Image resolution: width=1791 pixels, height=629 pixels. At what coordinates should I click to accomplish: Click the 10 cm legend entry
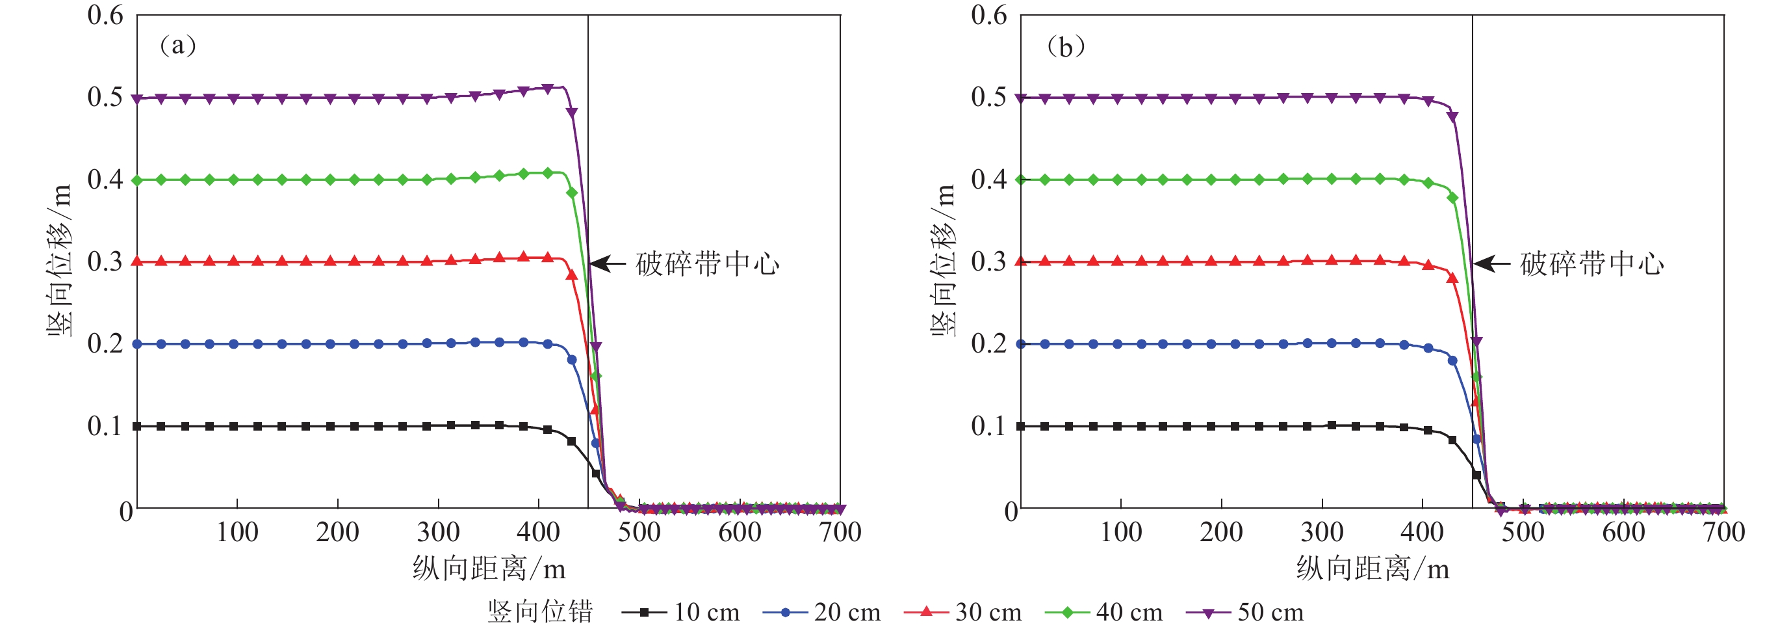pyautogui.click(x=681, y=612)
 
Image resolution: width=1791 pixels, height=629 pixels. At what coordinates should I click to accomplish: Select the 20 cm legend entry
pyautogui.click(x=822, y=612)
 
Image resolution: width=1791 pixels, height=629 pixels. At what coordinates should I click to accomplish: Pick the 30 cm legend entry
pyautogui.click(x=963, y=612)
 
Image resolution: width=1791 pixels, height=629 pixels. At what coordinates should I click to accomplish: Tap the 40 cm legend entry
pyautogui.click(x=1104, y=612)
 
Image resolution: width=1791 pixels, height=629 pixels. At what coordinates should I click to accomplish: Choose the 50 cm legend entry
pyautogui.click(x=1245, y=612)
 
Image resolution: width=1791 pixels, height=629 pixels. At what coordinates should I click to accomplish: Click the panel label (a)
pyautogui.click(x=178, y=46)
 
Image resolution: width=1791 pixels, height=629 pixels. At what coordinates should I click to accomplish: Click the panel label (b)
pyautogui.click(x=1065, y=47)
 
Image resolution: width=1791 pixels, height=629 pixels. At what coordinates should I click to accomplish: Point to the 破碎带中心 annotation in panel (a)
pyautogui.click(x=708, y=264)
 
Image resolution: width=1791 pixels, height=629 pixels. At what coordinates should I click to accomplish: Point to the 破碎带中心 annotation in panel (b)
pyautogui.click(x=1592, y=264)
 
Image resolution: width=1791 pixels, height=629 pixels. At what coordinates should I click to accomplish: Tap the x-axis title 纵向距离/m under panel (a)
pyautogui.click(x=489, y=569)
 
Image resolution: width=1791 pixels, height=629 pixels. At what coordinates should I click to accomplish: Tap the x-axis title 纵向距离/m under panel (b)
pyautogui.click(x=1372, y=569)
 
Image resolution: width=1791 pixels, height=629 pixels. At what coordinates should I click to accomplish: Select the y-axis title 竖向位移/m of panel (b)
pyautogui.click(x=944, y=261)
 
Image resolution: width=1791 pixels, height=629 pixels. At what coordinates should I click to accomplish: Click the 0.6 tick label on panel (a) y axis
pyautogui.click(x=105, y=16)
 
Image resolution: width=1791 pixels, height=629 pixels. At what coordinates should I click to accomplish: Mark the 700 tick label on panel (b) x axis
pyautogui.click(x=1723, y=532)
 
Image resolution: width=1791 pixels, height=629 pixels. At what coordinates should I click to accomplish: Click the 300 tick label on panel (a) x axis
pyautogui.click(x=438, y=532)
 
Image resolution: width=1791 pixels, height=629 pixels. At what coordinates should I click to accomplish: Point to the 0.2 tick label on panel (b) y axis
pyautogui.click(x=988, y=343)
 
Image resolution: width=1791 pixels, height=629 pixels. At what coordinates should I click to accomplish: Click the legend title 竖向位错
pyautogui.click(x=540, y=612)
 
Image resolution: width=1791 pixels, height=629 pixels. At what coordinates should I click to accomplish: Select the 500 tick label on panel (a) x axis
pyautogui.click(x=639, y=532)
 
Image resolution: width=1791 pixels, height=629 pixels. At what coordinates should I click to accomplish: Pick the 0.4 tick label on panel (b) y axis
pyautogui.click(x=988, y=179)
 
